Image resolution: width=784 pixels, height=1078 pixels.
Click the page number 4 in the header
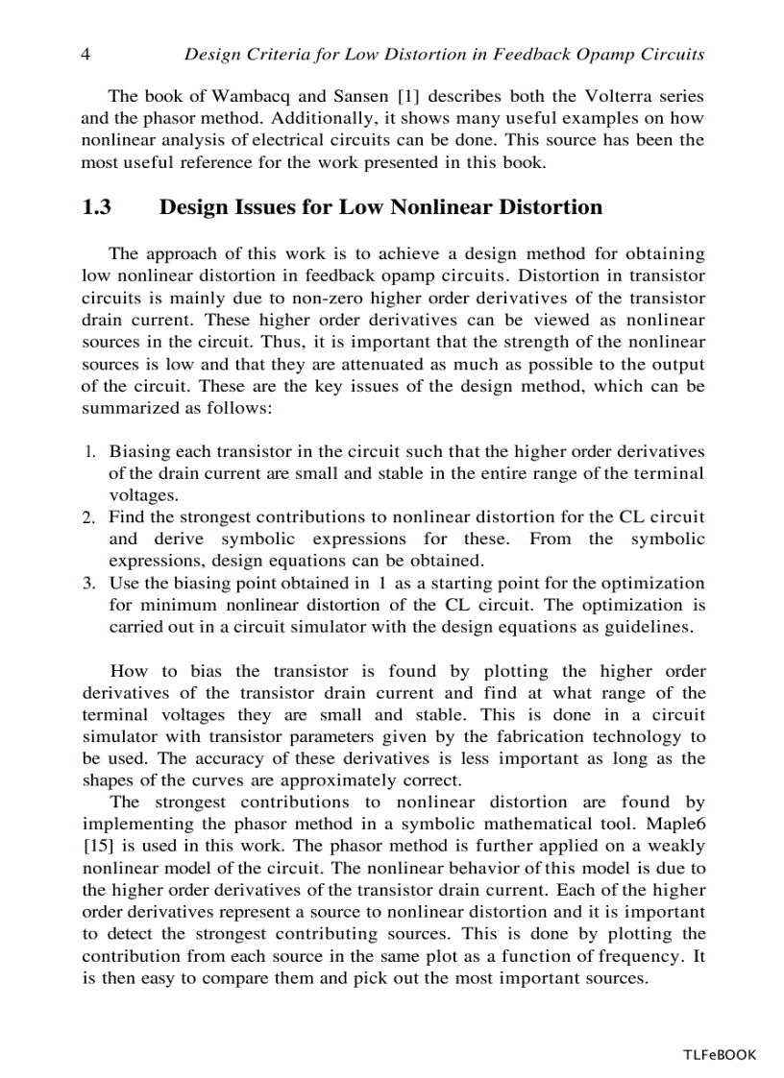click(86, 55)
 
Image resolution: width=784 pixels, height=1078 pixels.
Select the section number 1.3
click(98, 207)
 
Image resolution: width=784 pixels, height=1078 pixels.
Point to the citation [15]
click(98, 846)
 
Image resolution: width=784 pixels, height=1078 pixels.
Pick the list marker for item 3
click(87, 584)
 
